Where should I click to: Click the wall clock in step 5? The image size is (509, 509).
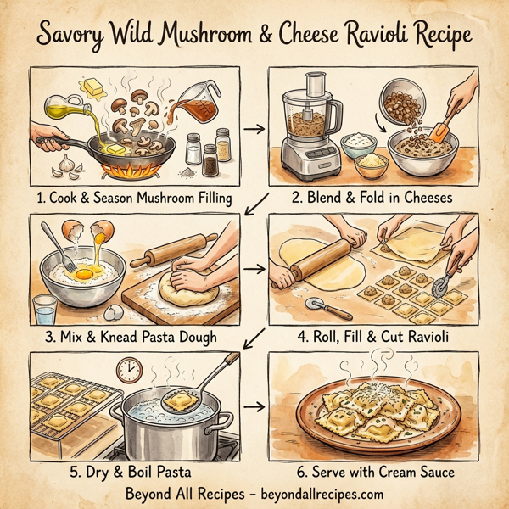pos(130,370)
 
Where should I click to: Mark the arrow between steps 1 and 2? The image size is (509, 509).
pos(252,130)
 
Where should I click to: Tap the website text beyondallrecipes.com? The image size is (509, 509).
pos(313,493)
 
